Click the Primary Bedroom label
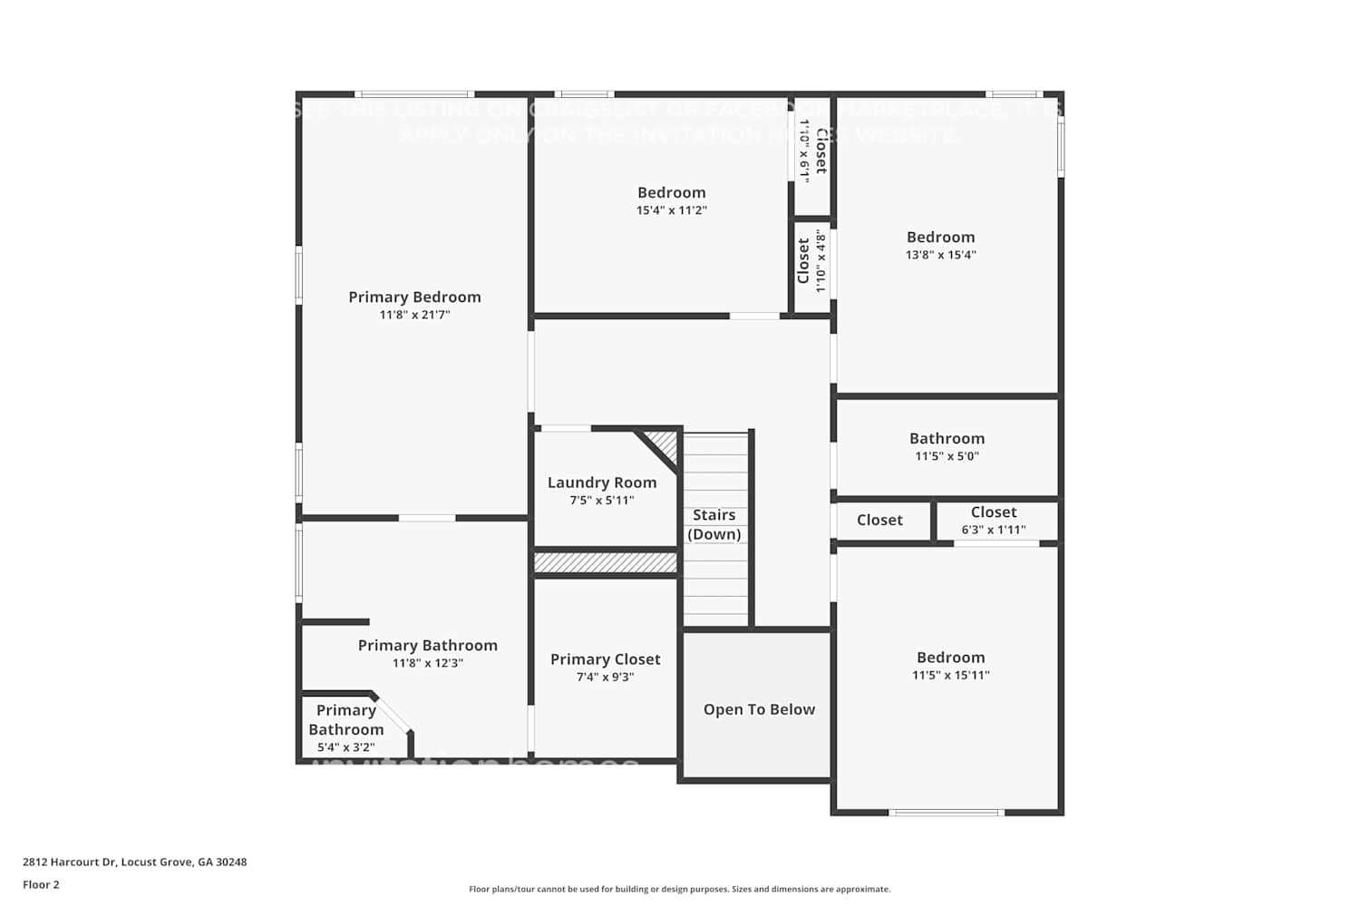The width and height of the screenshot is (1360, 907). click(414, 297)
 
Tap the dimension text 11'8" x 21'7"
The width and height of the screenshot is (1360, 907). click(414, 315)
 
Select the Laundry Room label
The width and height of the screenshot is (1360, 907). click(602, 483)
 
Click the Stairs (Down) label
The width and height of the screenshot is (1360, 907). click(714, 524)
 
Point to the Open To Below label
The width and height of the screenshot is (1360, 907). click(759, 709)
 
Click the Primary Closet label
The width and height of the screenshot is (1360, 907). click(605, 659)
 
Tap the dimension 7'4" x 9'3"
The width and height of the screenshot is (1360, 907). click(605, 677)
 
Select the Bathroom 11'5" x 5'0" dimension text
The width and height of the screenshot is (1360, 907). click(947, 456)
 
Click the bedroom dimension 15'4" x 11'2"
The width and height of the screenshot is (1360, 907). click(671, 210)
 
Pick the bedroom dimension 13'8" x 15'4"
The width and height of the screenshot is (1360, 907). click(940, 255)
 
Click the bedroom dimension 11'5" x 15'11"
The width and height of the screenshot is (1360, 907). click(950, 675)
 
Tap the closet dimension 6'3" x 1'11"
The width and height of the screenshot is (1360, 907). click(994, 530)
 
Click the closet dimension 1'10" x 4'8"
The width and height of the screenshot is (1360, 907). click(821, 261)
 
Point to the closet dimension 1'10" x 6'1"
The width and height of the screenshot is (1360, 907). click(804, 151)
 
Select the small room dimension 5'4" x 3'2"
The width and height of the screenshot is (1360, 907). click(345, 747)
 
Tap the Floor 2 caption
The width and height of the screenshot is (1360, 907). click(41, 884)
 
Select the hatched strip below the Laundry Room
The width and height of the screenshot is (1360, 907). click(605, 563)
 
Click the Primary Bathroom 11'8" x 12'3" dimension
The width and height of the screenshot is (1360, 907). click(427, 663)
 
